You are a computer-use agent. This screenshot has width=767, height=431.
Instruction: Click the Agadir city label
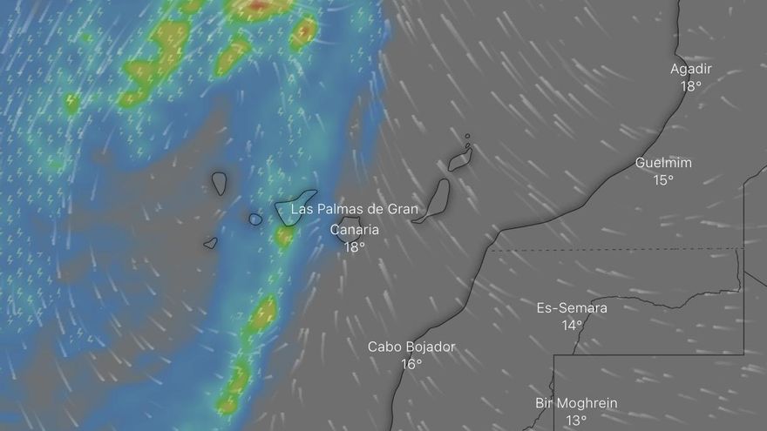coord(691,70)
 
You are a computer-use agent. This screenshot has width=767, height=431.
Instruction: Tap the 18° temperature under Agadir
coord(691,86)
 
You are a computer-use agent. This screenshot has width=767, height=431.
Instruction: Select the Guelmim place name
coord(663,163)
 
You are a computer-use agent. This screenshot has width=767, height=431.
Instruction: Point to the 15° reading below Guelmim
coord(663,180)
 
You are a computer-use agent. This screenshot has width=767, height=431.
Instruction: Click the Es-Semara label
coord(572,308)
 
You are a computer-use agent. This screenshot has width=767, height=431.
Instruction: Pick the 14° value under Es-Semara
coord(572,326)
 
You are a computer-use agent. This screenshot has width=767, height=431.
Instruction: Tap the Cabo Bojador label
coord(411,347)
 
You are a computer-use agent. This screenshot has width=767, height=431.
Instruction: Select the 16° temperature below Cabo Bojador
coord(411,364)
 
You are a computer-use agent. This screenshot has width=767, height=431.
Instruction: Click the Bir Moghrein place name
coord(576,403)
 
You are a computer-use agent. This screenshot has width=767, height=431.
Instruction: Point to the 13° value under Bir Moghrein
coord(576,421)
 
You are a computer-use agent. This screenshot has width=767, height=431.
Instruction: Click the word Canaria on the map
coord(355,230)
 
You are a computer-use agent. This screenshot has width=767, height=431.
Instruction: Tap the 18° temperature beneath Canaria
coord(355,247)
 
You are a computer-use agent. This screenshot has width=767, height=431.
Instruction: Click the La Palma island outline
coord(219,183)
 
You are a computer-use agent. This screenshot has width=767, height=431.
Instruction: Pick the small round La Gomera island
coord(255,219)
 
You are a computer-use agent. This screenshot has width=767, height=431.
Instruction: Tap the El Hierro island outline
coord(211,243)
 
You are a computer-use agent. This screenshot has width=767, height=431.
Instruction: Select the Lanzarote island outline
coord(460,159)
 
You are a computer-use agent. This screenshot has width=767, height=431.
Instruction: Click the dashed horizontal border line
coord(610,250)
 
